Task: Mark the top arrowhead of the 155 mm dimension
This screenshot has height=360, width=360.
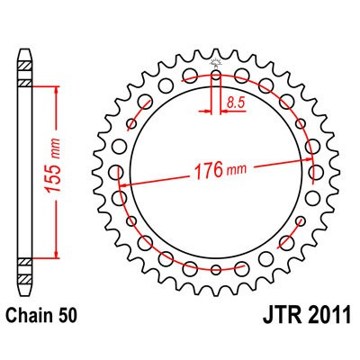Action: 57,75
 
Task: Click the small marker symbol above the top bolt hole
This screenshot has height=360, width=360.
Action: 216,63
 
